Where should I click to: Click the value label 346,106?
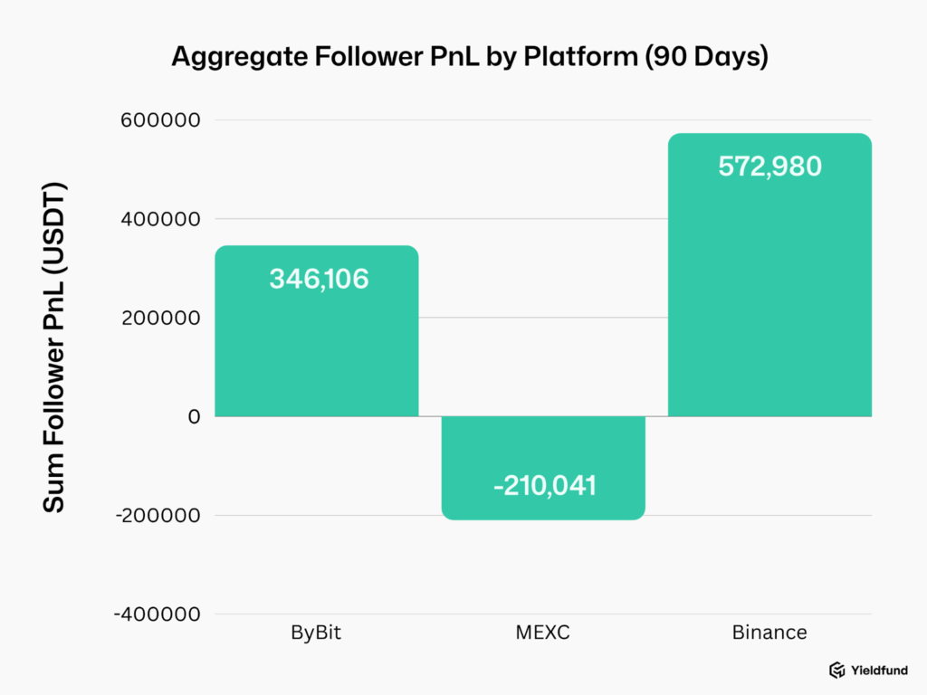coord(319,279)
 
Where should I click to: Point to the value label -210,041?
coord(544,486)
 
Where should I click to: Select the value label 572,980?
coord(769,167)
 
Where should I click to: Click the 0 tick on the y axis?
coord(194,416)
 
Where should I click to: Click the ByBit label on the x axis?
coord(316,632)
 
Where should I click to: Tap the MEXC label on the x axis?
coord(543,632)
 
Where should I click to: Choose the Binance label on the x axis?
coord(769,632)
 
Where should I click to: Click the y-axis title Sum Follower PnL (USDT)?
coord(54,348)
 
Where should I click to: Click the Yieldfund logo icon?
coord(837,670)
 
